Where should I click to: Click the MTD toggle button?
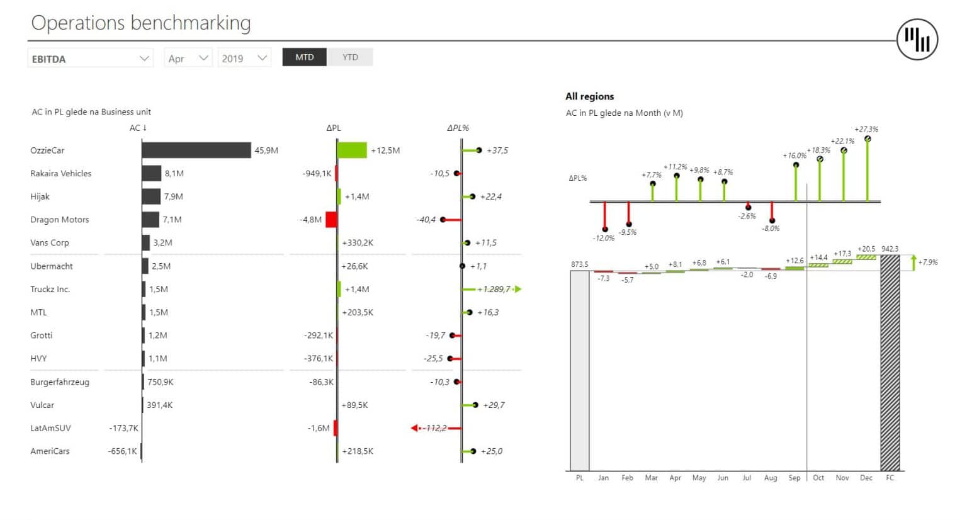pos(304,57)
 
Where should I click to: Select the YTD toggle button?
pos(350,57)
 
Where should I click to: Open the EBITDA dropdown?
pos(90,59)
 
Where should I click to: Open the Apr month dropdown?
pos(188,59)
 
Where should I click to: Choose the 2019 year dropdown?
pos(244,59)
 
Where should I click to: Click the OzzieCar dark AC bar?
pos(196,150)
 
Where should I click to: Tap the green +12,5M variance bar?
pos(352,150)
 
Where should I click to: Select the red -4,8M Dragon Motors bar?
pos(331,220)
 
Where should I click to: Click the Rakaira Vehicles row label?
pos(60,174)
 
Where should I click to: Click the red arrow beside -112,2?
pos(415,428)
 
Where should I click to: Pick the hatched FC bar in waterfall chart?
pos(890,363)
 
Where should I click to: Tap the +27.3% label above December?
pos(866,129)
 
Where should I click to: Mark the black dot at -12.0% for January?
pos(605,230)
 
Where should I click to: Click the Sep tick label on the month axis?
pos(795,478)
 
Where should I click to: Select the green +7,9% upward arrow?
pos(913,263)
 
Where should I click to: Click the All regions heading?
pos(589,96)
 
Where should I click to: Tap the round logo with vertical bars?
pos(917,39)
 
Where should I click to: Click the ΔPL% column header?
pos(458,128)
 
